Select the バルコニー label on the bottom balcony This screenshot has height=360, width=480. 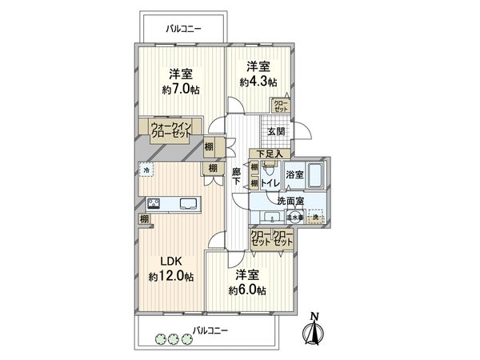coord(210,330)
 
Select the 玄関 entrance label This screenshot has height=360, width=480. coord(276,132)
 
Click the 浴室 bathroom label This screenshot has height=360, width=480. coord(294,174)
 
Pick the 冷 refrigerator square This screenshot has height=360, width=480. coord(146,170)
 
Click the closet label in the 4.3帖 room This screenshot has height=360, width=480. coord(281,104)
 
